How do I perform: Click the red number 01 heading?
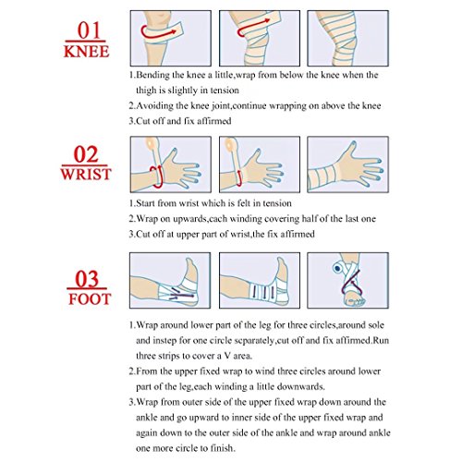(89, 30)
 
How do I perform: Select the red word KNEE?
(87, 52)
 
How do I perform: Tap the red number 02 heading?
(86, 154)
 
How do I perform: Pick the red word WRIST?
(86, 174)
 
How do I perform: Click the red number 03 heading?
(87, 279)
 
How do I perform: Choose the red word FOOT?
(90, 299)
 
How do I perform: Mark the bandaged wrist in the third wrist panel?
(322, 176)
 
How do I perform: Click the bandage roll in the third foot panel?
(338, 268)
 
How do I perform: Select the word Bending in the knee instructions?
(152, 76)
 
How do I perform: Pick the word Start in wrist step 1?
(145, 203)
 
